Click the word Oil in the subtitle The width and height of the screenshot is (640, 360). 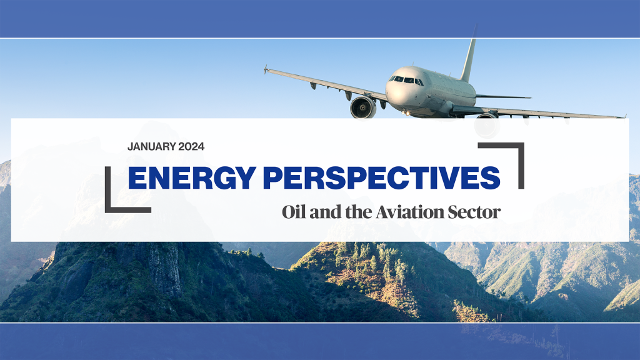click(292, 212)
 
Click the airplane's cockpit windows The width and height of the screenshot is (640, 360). click(405, 80)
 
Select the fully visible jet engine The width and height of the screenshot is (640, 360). click(362, 106)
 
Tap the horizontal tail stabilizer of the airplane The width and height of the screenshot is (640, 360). click(503, 97)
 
